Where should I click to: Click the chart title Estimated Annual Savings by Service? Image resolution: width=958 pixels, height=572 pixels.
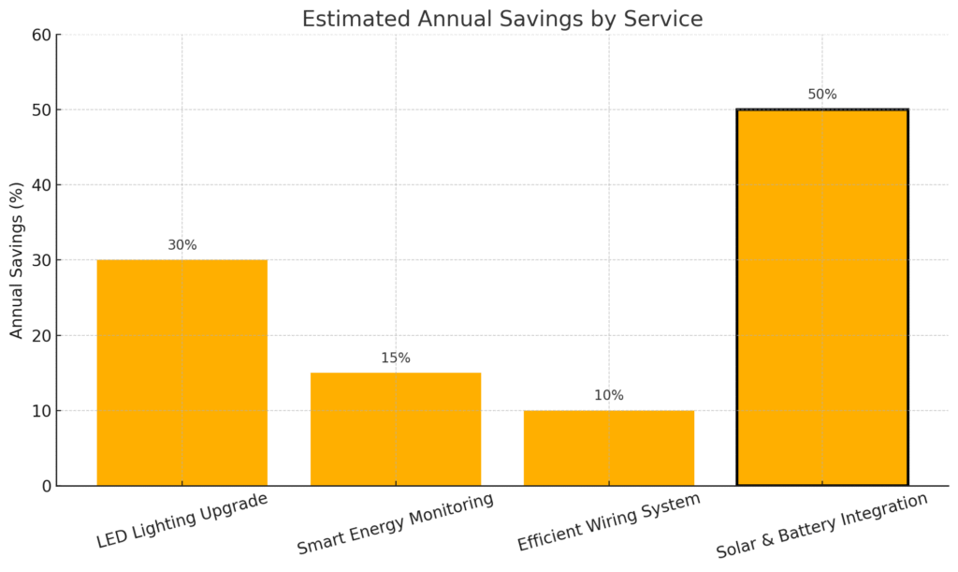[x=501, y=19]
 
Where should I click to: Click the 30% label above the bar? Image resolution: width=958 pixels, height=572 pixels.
[x=181, y=245]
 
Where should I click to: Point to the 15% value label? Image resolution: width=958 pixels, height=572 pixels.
[x=395, y=358]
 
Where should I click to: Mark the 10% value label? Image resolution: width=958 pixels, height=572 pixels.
[x=608, y=395]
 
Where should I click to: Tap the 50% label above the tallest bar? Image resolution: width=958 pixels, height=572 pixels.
[x=821, y=95]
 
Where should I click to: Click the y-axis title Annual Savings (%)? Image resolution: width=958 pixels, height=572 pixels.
[x=17, y=260]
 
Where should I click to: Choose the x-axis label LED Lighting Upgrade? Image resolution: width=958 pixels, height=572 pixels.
[x=182, y=521]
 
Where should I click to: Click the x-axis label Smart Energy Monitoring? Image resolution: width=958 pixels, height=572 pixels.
[x=395, y=524]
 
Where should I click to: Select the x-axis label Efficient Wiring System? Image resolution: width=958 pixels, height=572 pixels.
[x=608, y=522]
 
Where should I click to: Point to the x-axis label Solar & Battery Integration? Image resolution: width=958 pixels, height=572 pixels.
[x=821, y=526]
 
